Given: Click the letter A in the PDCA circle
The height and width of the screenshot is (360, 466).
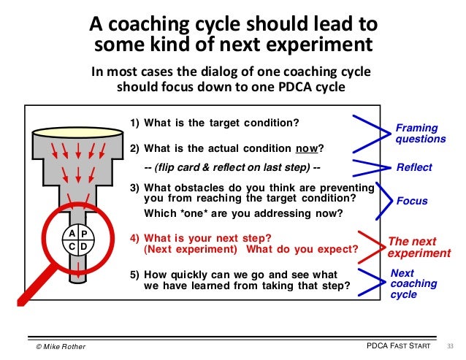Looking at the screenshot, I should [x=72, y=233].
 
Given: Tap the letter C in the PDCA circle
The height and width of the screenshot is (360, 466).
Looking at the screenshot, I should [x=72, y=247].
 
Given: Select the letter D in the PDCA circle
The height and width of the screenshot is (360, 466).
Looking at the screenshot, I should [x=84, y=247].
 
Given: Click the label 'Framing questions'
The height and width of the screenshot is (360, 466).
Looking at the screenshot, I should [x=420, y=133].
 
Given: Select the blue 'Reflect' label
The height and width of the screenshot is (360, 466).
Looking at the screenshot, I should [x=413, y=167].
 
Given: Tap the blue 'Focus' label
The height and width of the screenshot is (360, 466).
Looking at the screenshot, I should [x=411, y=201].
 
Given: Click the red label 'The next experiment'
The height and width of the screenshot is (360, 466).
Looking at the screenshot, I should [x=419, y=248].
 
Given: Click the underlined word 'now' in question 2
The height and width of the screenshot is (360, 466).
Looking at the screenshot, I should [x=307, y=149].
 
